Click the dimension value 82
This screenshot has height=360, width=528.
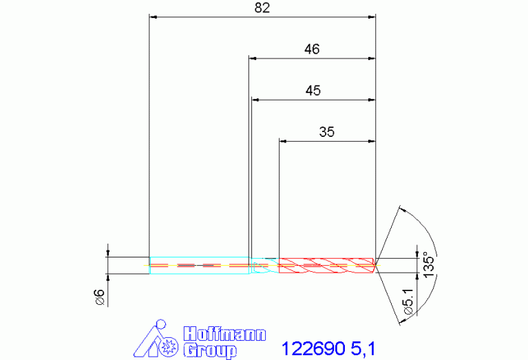click(x=262, y=8)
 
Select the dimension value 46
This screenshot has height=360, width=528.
click(x=312, y=49)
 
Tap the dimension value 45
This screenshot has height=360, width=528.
click(x=313, y=91)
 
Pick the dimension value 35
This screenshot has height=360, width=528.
click(x=326, y=131)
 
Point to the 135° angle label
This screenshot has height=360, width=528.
click(x=429, y=264)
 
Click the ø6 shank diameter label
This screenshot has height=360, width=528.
click(x=101, y=297)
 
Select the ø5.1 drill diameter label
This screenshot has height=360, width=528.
click(x=408, y=301)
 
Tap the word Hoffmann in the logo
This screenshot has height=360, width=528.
click(x=224, y=334)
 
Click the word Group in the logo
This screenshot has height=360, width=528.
click(x=210, y=350)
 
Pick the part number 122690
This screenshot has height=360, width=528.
click(x=313, y=348)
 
